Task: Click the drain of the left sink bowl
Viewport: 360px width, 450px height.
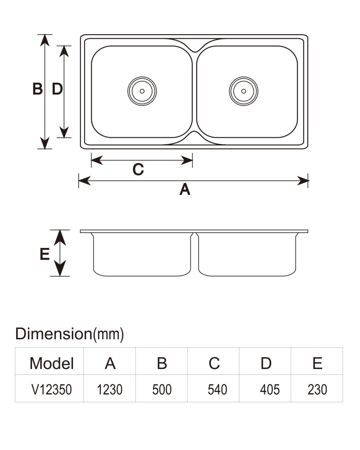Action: pos(142,91)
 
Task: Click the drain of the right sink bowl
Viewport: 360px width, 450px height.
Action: pos(244,91)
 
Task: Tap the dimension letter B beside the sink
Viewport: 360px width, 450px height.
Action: pos(38,89)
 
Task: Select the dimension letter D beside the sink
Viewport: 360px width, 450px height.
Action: pos(57,89)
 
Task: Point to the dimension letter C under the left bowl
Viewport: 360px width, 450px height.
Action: pos(138,169)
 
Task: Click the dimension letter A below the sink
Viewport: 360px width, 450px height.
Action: pos(185,189)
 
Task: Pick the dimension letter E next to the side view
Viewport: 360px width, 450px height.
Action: pos(45,254)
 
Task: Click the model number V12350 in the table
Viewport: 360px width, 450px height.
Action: pos(51,390)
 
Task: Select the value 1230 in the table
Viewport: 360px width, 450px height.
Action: pos(110,390)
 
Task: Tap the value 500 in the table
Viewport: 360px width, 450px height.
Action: pos(162,390)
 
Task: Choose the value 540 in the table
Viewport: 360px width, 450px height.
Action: pos(217,390)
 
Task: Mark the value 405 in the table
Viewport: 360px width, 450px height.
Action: pos(270,390)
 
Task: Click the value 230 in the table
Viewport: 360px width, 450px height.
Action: pos(317,390)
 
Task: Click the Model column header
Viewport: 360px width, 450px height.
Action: pos(52,363)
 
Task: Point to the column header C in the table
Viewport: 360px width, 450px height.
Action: pos(214,363)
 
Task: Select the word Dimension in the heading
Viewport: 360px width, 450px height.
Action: pos(54,334)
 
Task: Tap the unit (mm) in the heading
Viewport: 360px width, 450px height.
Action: pos(108,334)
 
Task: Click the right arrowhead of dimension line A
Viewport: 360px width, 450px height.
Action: pos(303,181)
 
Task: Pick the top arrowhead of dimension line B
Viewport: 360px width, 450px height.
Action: pos(45,40)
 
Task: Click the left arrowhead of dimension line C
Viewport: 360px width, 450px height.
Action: pos(97,161)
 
